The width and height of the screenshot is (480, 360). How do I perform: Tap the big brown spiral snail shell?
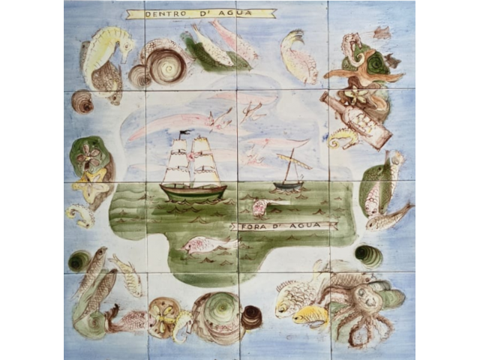[x=166, y=65]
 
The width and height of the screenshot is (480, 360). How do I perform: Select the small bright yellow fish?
[x=310, y=314]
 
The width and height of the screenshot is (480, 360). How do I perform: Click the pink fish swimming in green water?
[x=202, y=244]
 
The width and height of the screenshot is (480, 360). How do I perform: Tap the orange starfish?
[x=363, y=71]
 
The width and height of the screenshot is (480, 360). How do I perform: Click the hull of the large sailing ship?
[x=192, y=192]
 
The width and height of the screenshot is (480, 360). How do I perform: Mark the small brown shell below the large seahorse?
[x=82, y=102]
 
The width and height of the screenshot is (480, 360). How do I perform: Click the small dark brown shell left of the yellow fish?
[x=251, y=317]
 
